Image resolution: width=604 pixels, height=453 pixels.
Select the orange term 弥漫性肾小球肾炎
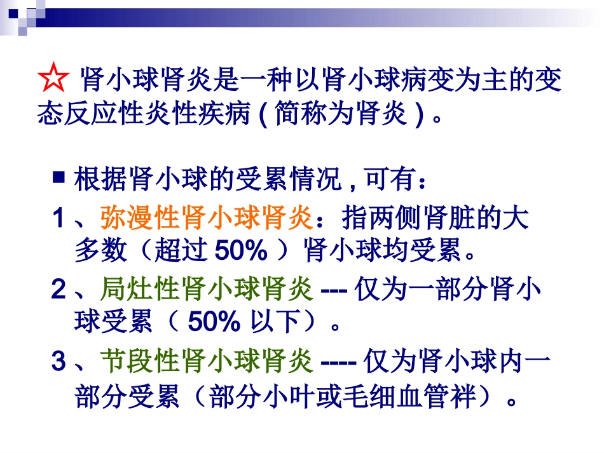(206, 219)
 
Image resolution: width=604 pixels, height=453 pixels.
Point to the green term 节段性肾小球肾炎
(206, 363)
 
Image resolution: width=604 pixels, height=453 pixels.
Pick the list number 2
(59, 291)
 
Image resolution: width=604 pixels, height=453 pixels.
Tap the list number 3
(59, 363)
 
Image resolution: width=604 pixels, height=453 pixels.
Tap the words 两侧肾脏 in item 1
(408, 219)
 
